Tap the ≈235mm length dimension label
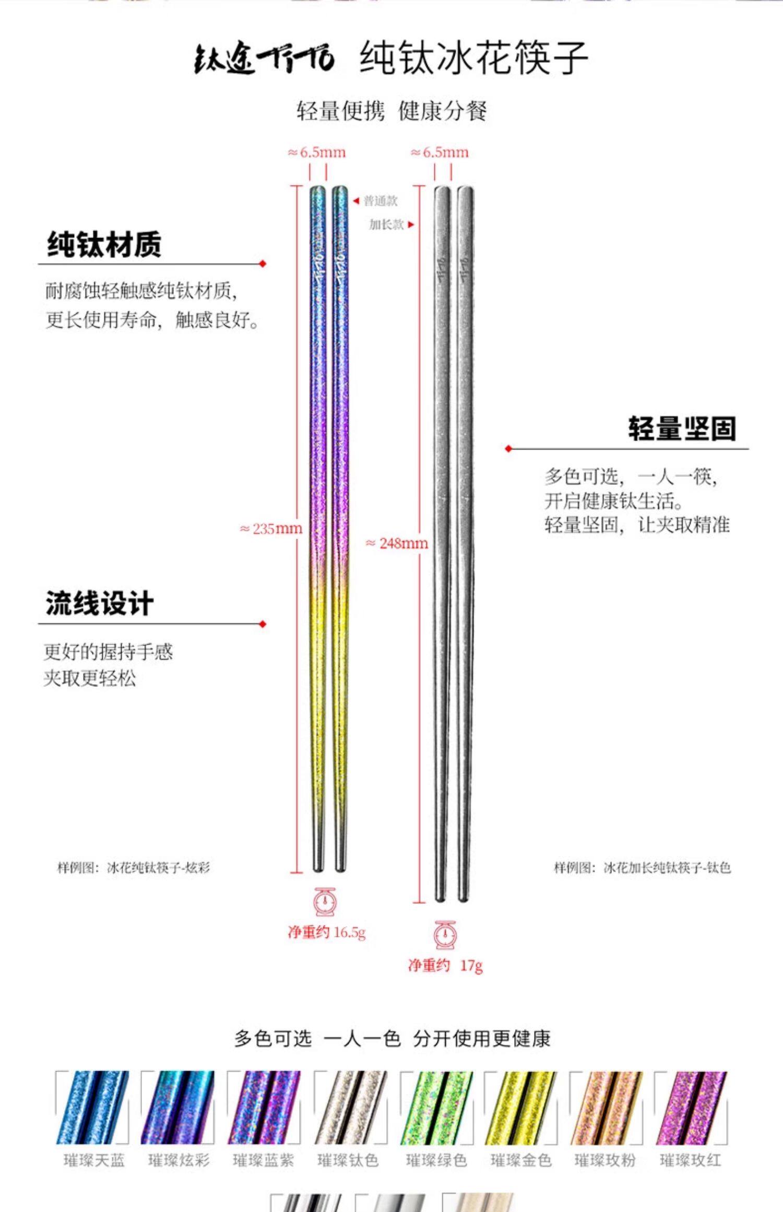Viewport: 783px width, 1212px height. coord(271,529)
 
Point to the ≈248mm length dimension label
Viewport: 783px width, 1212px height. coord(397,543)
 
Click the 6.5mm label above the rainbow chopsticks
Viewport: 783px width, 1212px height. coord(317,152)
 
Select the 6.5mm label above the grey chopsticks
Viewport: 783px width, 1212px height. coord(440,152)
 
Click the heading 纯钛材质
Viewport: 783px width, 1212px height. coord(104,244)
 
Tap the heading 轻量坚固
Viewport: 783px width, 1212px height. coord(682,429)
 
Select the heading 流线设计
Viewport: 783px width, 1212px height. coord(99,603)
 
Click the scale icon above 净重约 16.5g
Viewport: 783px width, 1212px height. coord(325,901)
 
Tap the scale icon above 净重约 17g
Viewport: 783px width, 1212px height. coord(445,934)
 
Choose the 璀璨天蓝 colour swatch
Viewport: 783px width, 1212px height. coord(92,1108)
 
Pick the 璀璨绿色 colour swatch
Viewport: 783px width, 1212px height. coord(436,1108)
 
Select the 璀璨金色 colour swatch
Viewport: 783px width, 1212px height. coord(521,1108)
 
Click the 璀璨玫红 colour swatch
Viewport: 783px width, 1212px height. coord(691,1108)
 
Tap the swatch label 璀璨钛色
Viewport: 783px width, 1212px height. coord(348,1160)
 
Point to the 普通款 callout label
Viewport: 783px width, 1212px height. coord(381,201)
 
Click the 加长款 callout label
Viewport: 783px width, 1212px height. coord(387,224)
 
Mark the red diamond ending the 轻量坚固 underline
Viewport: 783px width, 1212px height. coord(508,448)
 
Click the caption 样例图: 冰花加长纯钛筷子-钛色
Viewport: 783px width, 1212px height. coord(642,868)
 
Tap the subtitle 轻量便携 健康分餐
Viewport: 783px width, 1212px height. coord(391,111)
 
